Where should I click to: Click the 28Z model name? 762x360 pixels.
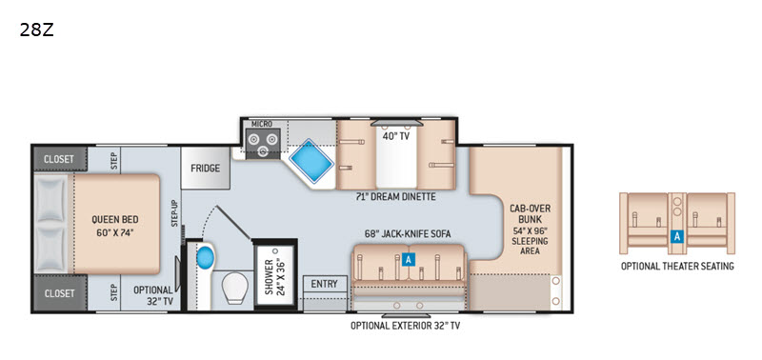(36, 30)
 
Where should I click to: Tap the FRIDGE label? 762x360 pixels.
(205, 169)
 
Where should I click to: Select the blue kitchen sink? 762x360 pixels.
(311, 161)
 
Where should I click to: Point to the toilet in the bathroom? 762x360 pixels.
(236, 288)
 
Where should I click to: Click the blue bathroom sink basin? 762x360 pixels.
(205, 257)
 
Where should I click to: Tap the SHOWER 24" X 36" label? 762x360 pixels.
(274, 277)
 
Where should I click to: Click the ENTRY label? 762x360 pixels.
(324, 284)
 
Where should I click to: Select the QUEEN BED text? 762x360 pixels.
(111, 220)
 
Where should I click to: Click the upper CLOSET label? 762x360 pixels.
(59, 159)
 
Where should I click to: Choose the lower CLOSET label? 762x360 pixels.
(59, 293)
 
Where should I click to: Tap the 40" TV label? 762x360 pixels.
(396, 136)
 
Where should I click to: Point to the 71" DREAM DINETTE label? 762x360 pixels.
(394, 197)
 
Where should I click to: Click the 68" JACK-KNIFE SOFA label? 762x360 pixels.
(409, 234)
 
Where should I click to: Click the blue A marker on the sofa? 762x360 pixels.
(409, 260)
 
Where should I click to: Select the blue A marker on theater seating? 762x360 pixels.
(676, 236)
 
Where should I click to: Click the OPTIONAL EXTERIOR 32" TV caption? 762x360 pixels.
(406, 326)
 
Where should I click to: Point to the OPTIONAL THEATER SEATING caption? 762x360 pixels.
(677, 267)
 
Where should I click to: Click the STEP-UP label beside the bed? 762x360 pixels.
(174, 213)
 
